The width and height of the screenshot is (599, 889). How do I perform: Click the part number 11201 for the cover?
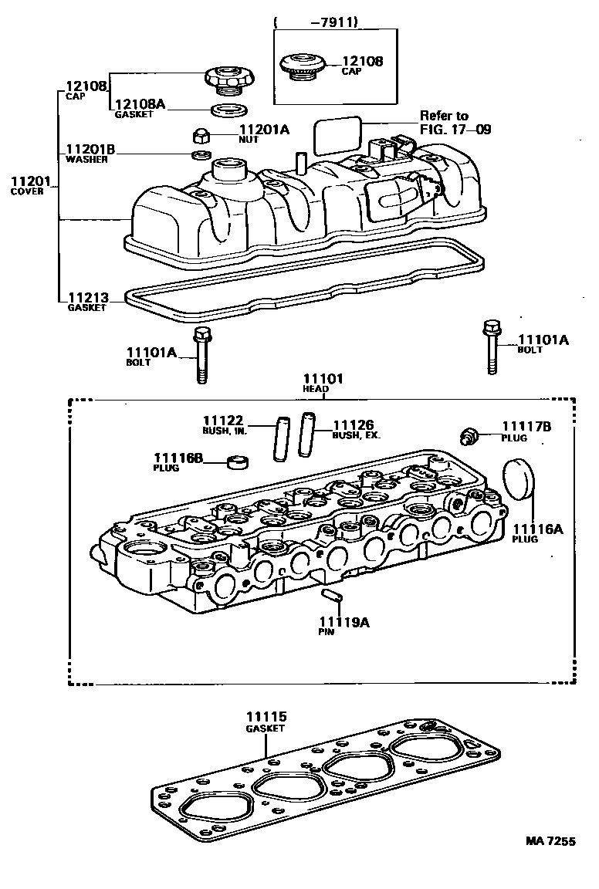tap(29, 182)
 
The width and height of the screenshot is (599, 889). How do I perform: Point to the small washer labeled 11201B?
tap(202, 156)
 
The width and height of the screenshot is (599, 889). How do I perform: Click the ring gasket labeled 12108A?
tap(225, 109)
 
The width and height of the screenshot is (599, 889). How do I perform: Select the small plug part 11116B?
tap(238, 463)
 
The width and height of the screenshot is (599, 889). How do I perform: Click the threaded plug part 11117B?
tap(468, 436)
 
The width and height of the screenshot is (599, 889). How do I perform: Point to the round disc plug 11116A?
tap(515, 478)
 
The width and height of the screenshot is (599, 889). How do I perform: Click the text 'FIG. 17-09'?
tap(455, 130)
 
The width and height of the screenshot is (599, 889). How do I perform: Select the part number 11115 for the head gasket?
tap(266, 717)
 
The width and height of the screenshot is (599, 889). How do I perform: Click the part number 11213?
tap(87, 297)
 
